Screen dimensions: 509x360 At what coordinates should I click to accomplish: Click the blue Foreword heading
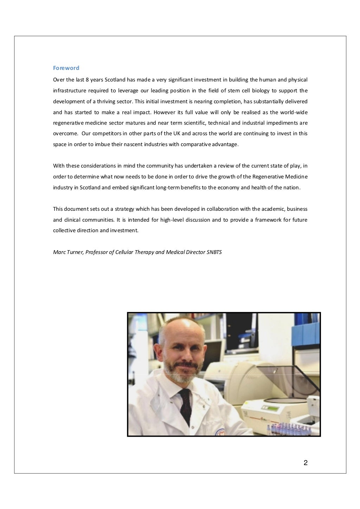pyautogui.click(x=66, y=68)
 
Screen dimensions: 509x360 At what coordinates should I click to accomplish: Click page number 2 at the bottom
pyautogui.click(x=306, y=463)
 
